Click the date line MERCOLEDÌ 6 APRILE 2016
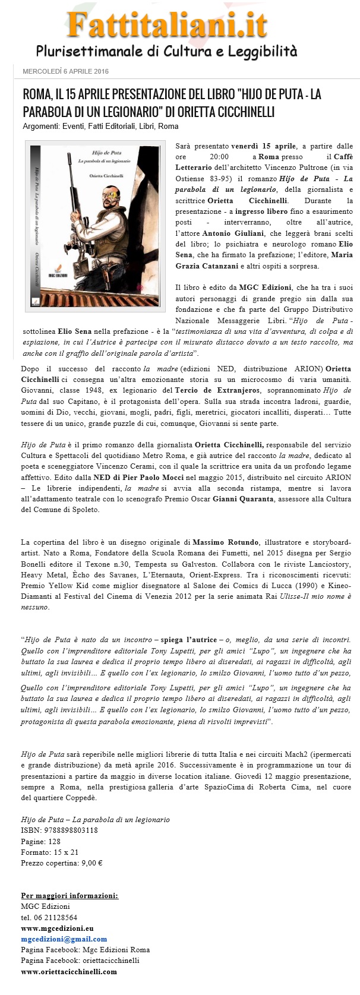pyautogui.click(x=65, y=72)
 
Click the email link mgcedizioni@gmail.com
pyautogui.click(x=64, y=939)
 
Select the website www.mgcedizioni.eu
pyautogui.click(x=57, y=928)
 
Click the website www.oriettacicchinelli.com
pyautogui.click(x=68, y=972)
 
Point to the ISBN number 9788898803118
pyautogui.click(x=59, y=830)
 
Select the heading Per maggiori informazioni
pyautogui.click(x=69, y=895)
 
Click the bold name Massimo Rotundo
pyautogui.click(x=226, y=542)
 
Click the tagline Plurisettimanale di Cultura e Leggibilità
pyautogui.click(x=166, y=51)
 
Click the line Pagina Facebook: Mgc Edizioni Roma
pyautogui.click(x=85, y=950)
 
